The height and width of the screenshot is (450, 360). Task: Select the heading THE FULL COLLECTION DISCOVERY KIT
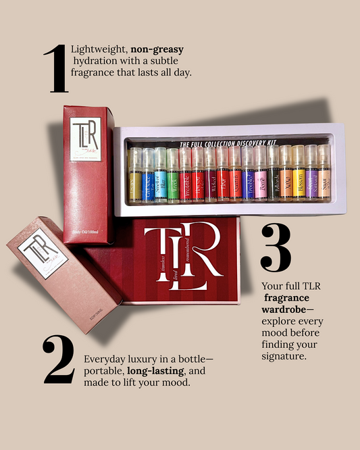pyautogui.click(x=229, y=145)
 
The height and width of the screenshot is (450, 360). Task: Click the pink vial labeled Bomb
pyautogui.click(x=259, y=175)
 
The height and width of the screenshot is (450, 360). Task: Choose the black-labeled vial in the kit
pyautogui.click(x=272, y=175)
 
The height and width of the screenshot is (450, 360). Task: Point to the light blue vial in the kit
pyautogui.click(x=160, y=175)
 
